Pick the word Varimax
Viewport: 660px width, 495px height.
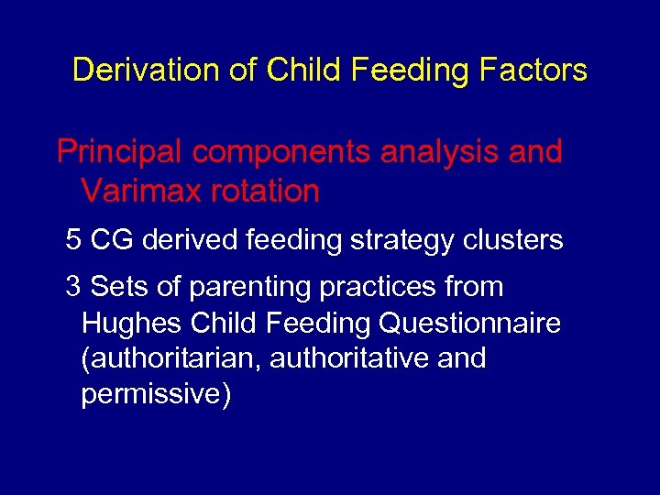point(136,192)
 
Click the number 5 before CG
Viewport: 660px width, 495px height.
point(73,240)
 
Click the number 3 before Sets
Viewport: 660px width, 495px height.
point(73,287)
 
